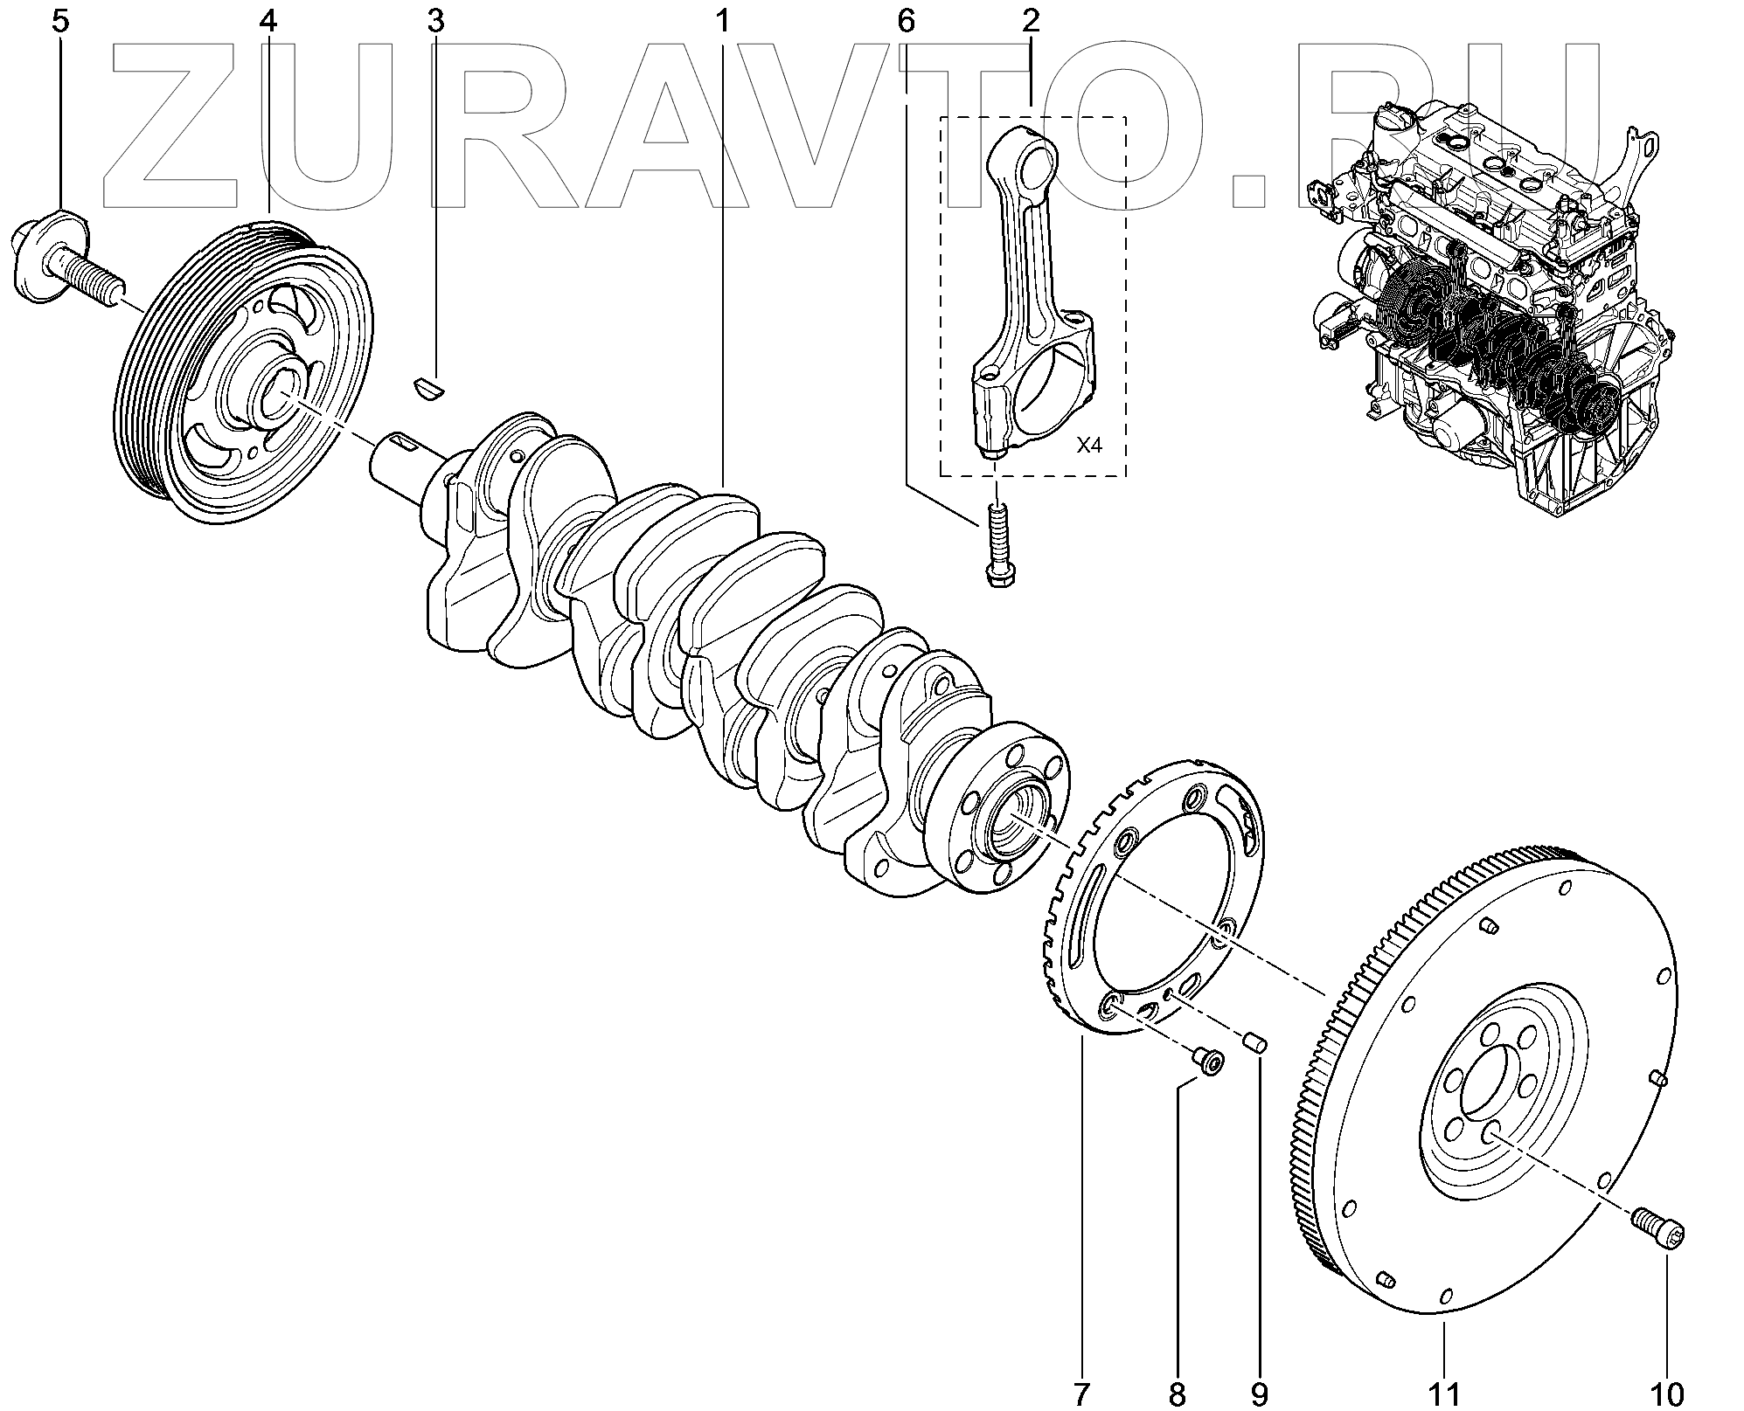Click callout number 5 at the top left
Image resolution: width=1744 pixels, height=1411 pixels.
point(59,21)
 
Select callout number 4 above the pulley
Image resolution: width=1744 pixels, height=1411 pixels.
point(268,21)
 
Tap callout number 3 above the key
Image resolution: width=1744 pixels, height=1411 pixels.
point(435,21)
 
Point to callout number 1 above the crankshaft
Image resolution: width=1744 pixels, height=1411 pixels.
point(723,21)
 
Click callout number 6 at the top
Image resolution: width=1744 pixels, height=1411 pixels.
point(906,21)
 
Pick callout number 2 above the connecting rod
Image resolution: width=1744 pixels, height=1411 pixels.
point(1031,21)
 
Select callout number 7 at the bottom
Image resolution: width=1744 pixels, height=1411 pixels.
point(1081,1394)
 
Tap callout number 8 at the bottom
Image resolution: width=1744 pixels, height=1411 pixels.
point(1178,1394)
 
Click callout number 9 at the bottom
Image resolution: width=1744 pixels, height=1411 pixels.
point(1259,1394)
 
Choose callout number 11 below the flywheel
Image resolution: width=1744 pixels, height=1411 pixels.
point(1443,1394)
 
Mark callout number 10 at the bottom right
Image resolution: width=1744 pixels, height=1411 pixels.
point(1665,1394)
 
